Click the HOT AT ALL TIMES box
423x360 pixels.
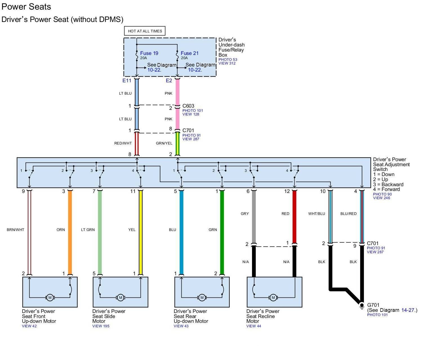145,31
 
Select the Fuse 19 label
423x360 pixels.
149,53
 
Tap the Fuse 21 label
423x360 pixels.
190,53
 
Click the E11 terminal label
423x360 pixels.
127,81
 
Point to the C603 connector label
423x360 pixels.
188,106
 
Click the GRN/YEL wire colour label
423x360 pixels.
164,143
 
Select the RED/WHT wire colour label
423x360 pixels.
123,143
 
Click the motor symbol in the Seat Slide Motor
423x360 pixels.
121,297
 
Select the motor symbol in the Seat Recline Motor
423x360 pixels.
273,297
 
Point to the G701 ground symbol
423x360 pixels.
362,306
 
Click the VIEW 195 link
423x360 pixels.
101,326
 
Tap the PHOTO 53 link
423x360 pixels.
228,59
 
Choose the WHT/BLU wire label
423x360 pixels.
317,214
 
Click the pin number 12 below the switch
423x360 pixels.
287,192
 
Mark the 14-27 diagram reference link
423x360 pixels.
408,310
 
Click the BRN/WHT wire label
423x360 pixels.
15,230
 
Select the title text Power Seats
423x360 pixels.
26,7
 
